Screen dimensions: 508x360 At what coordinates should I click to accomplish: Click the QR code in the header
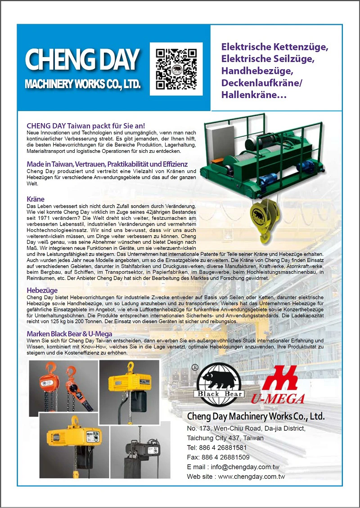pyautogui.click(x=176, y=69)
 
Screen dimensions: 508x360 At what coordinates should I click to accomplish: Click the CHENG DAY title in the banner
pyautogui.click(x=82, y=59)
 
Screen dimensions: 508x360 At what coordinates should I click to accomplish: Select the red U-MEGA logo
pyautogui.click(x=283, y=385)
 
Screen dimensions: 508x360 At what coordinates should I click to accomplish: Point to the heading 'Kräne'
pyautogui.click(x=36, y=199)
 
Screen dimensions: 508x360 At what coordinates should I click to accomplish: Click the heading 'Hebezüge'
pyautogui.click(x=42, y=291)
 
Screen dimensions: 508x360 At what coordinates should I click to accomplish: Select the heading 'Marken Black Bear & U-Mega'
pyautogui.click(x=69, y=334)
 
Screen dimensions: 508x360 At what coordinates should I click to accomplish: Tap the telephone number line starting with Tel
pyautogui.click(x=217, y=448)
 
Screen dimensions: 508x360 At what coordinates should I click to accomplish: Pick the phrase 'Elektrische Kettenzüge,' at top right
pyautogui.click(x=274, y=47)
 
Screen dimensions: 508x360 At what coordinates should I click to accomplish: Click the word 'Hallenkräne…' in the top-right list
pyautogui.click(x=254, y=95)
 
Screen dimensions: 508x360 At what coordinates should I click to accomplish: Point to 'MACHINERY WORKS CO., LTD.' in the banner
pyautogui.click(x=82, y=84)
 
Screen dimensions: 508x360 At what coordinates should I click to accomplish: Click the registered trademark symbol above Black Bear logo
pyautogui.click(x=195, y=366)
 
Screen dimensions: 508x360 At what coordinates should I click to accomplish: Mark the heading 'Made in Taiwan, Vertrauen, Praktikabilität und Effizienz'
pyautogui.click(x=107, y=164)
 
